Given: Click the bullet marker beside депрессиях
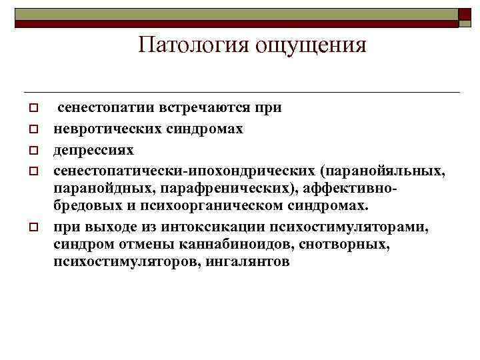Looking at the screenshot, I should coord(31,149).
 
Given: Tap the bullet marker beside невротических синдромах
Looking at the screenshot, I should coord(31,128).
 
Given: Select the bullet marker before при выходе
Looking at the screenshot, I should coord(31,227).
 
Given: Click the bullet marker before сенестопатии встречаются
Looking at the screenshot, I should coord(31,107).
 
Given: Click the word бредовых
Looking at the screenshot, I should coord(85,205).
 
